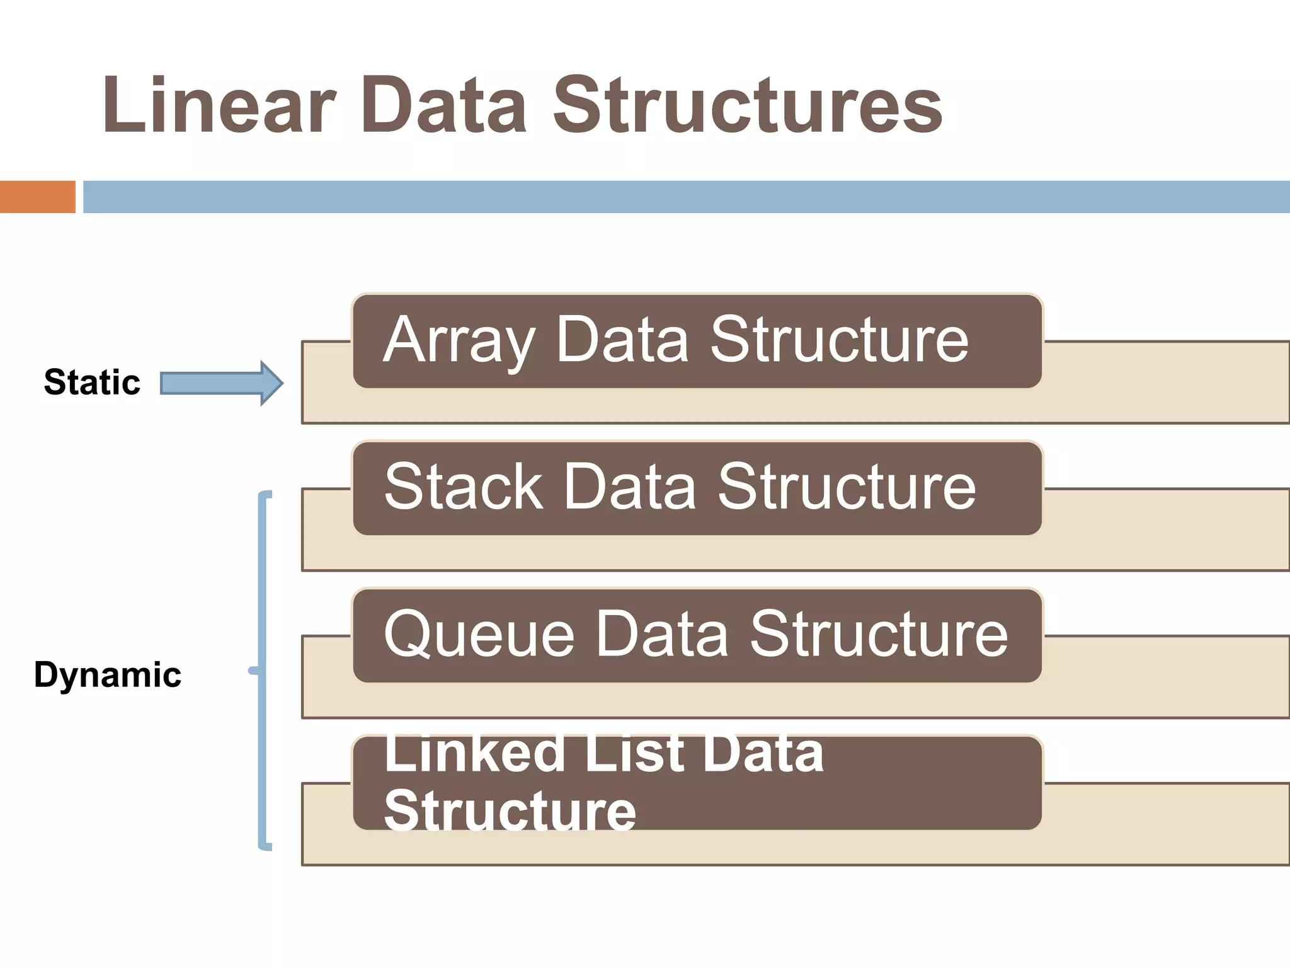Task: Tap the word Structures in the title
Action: (747, 105)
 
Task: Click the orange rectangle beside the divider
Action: (37, 197)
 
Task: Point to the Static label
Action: (92, 383)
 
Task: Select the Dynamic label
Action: (108, 675)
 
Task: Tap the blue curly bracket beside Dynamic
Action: (263, 671)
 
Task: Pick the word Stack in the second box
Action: (463, 487)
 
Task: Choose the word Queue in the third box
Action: (479, 634)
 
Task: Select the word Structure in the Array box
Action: (839, 340)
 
